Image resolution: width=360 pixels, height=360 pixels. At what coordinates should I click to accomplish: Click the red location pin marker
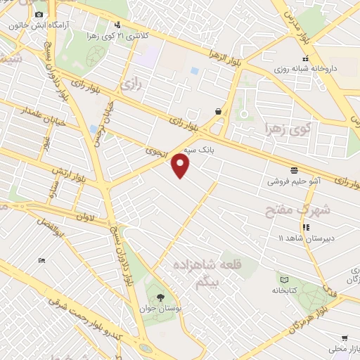(181, 166)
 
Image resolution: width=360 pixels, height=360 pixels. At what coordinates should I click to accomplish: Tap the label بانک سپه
(198, 150)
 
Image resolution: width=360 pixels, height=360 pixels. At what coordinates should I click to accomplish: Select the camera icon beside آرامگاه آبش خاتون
(39, 14)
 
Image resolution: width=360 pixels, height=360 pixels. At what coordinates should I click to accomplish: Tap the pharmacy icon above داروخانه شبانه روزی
(304, 58)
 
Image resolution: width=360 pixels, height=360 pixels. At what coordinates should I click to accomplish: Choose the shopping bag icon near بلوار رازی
(219, 110)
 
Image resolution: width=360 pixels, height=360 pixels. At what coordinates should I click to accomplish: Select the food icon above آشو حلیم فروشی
(293, 170)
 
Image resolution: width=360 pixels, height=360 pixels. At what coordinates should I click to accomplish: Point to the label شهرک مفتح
(292, 209)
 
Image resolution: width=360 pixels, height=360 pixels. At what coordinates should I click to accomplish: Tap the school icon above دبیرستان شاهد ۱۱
(306, 227)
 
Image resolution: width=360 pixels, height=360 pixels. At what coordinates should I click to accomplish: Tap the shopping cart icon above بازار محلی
(345, 338)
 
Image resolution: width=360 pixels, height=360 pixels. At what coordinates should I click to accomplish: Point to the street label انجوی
(154, 150)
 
